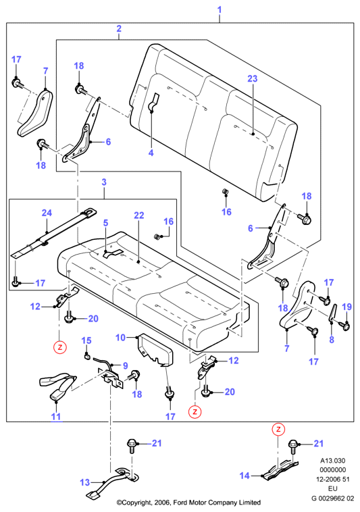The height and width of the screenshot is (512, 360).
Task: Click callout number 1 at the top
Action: [x=220, y=9]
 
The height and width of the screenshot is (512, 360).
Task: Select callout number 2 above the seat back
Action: [x=119, y=28]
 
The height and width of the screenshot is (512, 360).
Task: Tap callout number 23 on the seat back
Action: [x=253, y=79]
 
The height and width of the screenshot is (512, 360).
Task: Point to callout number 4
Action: [x=151, y=153]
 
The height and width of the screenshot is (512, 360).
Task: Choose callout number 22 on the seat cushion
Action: [x=138, y=215]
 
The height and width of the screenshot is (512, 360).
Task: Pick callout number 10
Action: [x=120, y=337]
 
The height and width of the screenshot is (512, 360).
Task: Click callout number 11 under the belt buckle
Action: [x=56, y=417]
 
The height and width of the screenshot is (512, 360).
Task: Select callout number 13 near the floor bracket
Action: [x=84, y=482]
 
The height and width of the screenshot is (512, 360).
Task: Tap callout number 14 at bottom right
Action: [x=245, y=476]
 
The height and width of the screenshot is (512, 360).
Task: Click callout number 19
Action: [x=346, y=307]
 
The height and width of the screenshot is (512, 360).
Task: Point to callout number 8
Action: [x=332, y=340]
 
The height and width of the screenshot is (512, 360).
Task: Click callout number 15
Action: [x=86, y=340]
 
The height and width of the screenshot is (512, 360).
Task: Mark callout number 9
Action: [x=125, y=365]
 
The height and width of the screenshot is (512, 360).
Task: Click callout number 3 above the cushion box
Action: [x=104, y=182]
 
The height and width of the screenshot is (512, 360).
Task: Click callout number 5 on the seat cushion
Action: [x=105, y=223]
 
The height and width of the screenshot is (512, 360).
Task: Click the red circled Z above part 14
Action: [x=278, y=429]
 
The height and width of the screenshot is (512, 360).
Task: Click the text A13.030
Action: [x=332, y=461]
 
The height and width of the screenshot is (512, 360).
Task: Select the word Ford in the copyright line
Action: [x=180, y=502]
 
